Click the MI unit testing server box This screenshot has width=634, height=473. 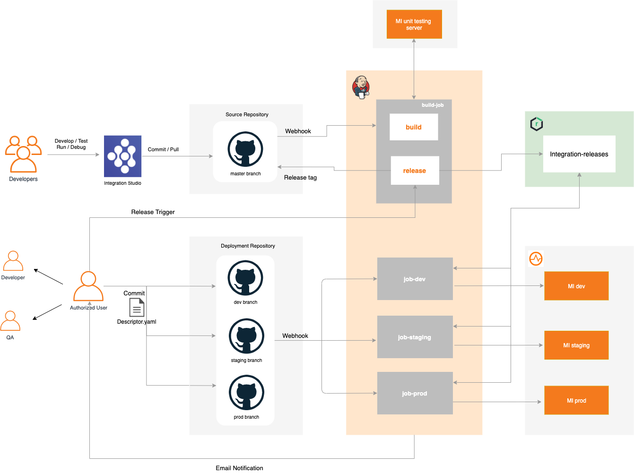point(414,24)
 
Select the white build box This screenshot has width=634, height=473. point(414,127)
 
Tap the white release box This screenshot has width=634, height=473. point(415,171)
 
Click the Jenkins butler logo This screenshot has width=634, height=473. point(361,87)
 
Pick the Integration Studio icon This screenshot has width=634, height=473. point(122,156)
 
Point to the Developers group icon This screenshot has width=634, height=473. point(23,154)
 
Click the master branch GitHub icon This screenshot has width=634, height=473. point(245,149)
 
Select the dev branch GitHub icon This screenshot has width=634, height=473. point(245,278)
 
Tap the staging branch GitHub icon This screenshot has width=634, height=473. point(246,336)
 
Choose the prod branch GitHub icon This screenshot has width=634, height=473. point(246,393)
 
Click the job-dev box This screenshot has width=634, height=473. point(415,279)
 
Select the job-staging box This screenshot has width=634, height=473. point(415,337)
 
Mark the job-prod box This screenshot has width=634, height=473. point(415,393)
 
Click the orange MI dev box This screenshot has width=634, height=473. point(576,286)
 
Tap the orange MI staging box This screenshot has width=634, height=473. point(576,345)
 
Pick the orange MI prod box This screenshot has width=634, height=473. point(576,400)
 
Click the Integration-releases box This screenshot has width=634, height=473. point(579,154)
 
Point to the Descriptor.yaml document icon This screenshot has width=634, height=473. point(137,308)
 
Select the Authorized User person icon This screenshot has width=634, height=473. point(88,286)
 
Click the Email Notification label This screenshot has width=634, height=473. point(239,468)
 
